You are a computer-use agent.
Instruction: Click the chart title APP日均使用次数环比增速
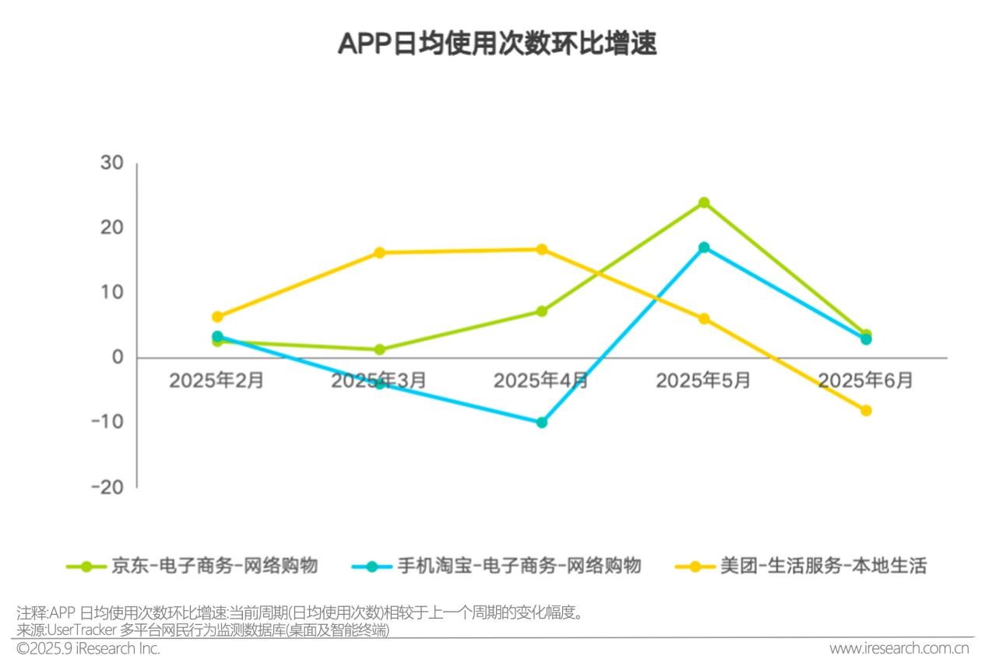coord(497,44)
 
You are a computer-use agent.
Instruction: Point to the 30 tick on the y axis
coord(111,163)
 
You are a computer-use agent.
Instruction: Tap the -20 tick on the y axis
coord(107,487)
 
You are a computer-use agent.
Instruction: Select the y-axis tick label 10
coord(111,293)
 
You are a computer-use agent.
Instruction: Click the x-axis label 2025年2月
coord(216,381)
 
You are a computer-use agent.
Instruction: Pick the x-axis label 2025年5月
coord(703,381)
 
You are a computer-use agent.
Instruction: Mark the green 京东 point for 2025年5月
coord(704,202)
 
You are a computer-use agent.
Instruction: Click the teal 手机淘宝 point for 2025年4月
coord(542,423)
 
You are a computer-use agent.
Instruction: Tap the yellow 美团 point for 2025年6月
coord(866,411)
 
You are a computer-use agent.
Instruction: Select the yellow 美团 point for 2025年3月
coord(380,253)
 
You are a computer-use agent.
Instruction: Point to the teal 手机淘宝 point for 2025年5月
coord(704,247)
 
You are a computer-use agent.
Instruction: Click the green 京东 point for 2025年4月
coord(542,311)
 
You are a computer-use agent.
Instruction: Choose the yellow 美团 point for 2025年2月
coord(217,317)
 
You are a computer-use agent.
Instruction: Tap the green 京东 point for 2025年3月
coord(380,349)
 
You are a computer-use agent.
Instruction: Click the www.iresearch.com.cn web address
coord(899,648)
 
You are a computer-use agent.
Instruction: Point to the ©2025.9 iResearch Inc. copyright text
coord(88,648)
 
